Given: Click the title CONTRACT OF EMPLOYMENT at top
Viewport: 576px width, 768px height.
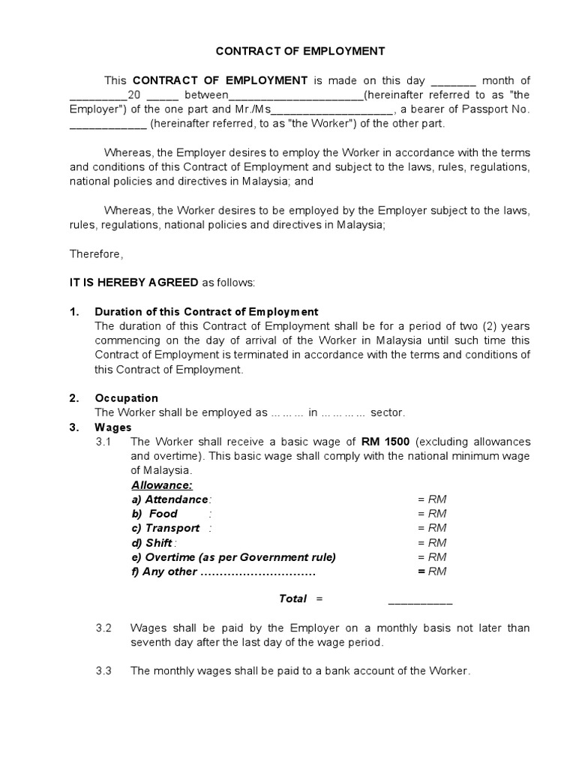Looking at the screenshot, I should (300, 51).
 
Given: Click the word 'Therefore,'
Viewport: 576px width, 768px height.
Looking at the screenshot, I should (95, 253).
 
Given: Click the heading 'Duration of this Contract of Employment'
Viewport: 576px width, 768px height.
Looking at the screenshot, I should (206, 311).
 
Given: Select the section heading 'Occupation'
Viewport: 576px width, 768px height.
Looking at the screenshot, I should (126, 397).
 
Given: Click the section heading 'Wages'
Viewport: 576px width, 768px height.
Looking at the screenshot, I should (112, 427).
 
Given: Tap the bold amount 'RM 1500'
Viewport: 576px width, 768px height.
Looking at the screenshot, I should (385, 442).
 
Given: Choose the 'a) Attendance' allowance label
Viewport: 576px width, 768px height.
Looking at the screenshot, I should (170, 499).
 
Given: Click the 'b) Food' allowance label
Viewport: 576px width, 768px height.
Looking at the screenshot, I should (154, 514).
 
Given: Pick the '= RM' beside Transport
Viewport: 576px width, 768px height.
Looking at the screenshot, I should (432, 528).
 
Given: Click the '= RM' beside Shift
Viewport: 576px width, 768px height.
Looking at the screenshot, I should (432, 542).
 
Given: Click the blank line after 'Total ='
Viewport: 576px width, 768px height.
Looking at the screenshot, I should (420, 601).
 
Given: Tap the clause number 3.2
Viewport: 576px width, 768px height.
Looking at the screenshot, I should (103, 628).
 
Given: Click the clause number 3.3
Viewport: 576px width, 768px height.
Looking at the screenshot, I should (103, 671).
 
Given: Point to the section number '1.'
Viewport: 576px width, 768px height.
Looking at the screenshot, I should (74, 311).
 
